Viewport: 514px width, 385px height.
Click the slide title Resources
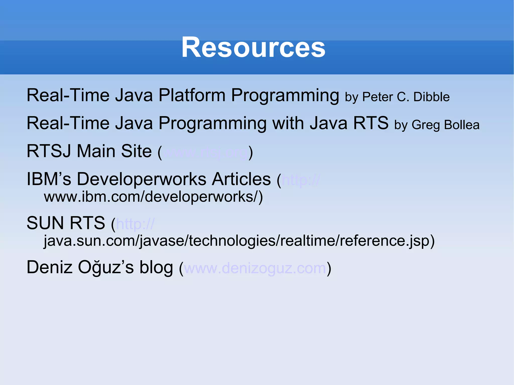[x=253, y=47]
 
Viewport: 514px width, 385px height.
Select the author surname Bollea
[x=462, y=125]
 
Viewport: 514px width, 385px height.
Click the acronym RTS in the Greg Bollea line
[x=371, y=123]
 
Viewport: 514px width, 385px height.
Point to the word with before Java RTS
[x=288, y=123]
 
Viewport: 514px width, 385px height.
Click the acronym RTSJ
[x=49, y=151]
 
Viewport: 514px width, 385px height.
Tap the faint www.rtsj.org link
[x=206, y=152]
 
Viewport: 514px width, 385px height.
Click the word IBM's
[x=49, y=179]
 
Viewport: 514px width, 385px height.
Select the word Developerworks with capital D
[x=142, y=179]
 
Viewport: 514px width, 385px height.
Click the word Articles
[x=241, y=179]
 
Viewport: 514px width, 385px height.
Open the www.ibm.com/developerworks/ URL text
[x=153, y=197]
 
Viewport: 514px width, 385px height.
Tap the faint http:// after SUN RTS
[x=135, y=224]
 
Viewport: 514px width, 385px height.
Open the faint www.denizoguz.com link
[x=255, y=268]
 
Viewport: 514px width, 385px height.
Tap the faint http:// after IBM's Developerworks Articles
[x=300, y=180]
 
